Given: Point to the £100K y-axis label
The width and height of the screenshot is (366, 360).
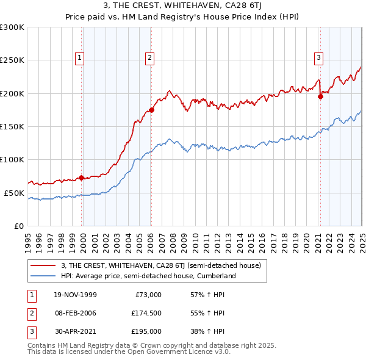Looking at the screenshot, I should point(12,159).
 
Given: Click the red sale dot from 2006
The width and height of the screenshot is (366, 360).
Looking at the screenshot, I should point(151,110).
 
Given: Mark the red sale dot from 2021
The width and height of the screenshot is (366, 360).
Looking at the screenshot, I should point(320,96).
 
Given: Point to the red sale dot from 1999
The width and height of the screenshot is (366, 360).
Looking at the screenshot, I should point(82,178).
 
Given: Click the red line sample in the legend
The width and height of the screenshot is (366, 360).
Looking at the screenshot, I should point(43,265).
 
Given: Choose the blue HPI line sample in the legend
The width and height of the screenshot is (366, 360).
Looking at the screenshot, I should point(43,276).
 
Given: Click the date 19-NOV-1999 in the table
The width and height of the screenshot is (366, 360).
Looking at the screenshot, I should point(74,294).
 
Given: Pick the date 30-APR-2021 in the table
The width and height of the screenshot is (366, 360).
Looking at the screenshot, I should point(74,332).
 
